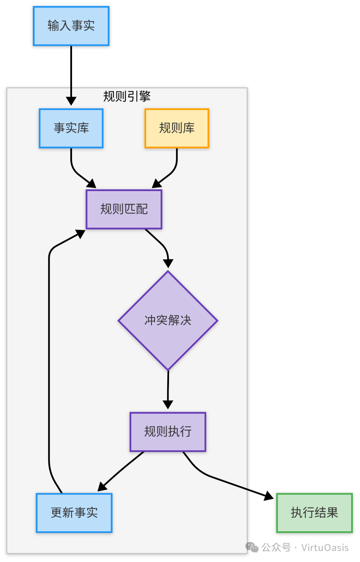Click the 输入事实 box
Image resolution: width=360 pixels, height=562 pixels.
[x=71, y=26]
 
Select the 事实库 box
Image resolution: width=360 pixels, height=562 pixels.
[x=71, y=128]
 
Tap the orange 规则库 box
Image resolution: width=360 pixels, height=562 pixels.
[x=177, y=128]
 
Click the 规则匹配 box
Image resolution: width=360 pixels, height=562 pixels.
[x=124, y=209]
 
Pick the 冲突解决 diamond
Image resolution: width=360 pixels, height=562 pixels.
[x=168, y=320]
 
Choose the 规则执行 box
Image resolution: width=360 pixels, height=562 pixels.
[x=168, y=432]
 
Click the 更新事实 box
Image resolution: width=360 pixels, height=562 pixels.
[x=74, y=513]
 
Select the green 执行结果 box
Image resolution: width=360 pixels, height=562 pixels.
[x=314, y=513]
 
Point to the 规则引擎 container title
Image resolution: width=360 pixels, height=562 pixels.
[x=127, y=96]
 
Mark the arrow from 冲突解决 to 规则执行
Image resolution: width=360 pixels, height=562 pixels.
[x=168, y=389]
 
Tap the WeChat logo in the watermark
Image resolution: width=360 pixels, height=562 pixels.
[x=252, y=547]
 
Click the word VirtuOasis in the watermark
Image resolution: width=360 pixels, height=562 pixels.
[x=325, y=547]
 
